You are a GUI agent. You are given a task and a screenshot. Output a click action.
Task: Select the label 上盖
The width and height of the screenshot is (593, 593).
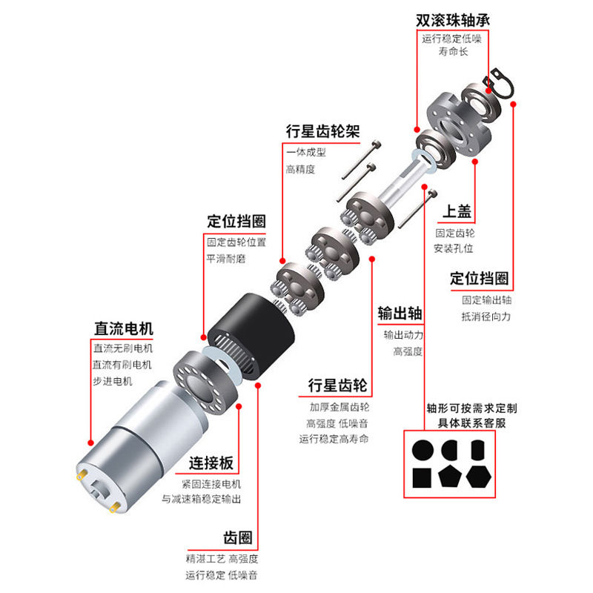pyautogui.click(x=457, y=212)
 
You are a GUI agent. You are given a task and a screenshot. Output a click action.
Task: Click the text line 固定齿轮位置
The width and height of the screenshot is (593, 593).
pyautogui.click(x=236, y=242)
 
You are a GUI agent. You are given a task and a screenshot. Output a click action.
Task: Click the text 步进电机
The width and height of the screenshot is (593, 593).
pyautogui.click(x=112, y=380)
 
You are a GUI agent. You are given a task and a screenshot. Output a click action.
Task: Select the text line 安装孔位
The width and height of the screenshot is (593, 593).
pyautogui.click(x=453, y=248)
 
